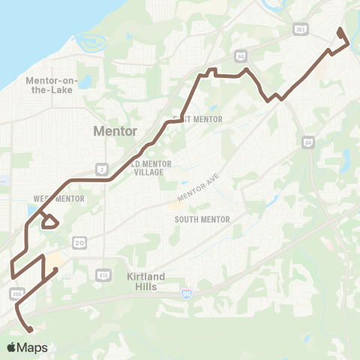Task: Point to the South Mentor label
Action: [x=202, y=219]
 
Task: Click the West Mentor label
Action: [x=58, y=199]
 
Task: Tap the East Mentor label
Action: [x=193, y=118]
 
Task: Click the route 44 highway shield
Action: [x=240, y=55]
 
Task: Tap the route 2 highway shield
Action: [x=100, y=169]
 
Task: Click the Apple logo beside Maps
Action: [x=12, y=347]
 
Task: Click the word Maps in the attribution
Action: [x=33, y=347]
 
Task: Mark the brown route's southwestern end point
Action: [x=31, y=329]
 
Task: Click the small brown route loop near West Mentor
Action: [x=49, y=221]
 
